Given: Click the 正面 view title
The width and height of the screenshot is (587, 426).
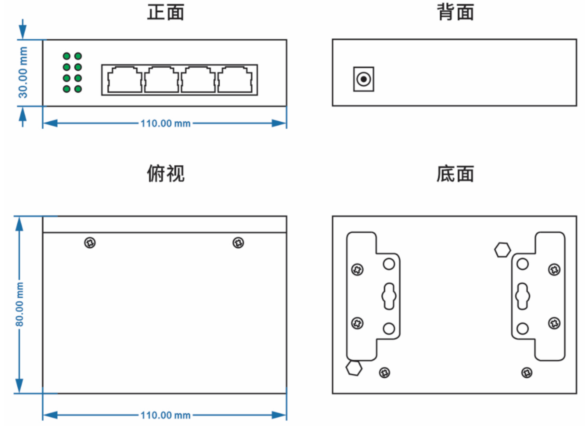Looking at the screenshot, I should [166, 12].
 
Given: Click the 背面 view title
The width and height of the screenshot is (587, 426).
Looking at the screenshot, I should [455, 12].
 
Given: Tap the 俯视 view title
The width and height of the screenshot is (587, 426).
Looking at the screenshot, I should [166, 173].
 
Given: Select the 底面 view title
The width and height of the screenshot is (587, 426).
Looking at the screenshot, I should [455, 174].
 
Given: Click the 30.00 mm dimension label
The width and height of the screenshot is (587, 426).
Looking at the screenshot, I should [23, 72].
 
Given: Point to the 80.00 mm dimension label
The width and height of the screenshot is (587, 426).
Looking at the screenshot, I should [19, 304].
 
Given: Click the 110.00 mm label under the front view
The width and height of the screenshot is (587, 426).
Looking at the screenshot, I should [165, 123].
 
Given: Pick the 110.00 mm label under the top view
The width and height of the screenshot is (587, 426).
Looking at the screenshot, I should [165, 415].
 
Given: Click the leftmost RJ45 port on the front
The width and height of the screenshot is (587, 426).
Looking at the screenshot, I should [125, 79].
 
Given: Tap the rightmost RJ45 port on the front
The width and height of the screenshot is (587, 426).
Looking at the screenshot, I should [235, 79].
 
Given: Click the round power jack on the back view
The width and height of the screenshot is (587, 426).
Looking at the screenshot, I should [364, 79].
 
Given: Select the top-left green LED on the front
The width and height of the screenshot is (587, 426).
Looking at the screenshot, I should [67, 56].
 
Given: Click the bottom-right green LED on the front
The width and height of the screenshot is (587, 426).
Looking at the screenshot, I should [78, 89].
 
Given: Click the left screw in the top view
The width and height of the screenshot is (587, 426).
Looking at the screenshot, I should [90, 243].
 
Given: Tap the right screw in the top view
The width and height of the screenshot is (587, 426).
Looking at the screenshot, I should [238, 243].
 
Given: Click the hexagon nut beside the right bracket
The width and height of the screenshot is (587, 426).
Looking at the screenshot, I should [502, 250].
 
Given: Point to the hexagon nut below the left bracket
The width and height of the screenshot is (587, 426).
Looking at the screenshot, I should [354, 368].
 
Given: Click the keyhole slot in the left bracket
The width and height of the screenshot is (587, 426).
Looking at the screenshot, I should [389, 296].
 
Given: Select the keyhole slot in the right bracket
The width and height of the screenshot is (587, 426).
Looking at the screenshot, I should [522, 296].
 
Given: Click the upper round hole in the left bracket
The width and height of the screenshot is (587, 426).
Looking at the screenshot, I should [389, 264].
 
